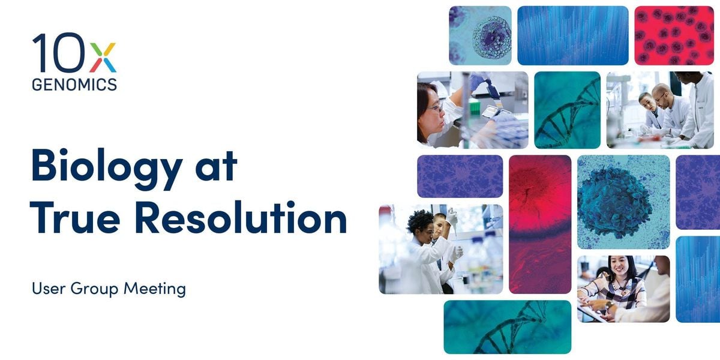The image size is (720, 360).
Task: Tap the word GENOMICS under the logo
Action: click(x=74, y=85)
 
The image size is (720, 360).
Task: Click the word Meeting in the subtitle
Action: click(x=154, y=289)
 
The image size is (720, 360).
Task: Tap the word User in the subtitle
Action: click(x=48, y=289)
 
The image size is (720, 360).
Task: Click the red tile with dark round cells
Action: click(x=674, y=35)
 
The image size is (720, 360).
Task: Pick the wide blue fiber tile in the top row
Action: click(x=572, y=35)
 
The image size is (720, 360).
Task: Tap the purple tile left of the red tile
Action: click(x=460, y=176)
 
